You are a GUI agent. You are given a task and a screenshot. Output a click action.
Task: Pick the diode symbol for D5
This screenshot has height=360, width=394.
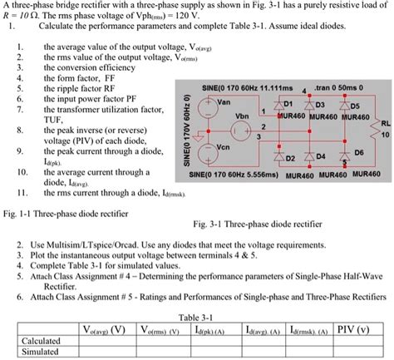(341, 105)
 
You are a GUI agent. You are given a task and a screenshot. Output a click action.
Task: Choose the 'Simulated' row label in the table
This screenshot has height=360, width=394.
(39, 352)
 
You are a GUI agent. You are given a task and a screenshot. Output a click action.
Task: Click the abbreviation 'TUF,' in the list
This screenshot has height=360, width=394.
(57, 120)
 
